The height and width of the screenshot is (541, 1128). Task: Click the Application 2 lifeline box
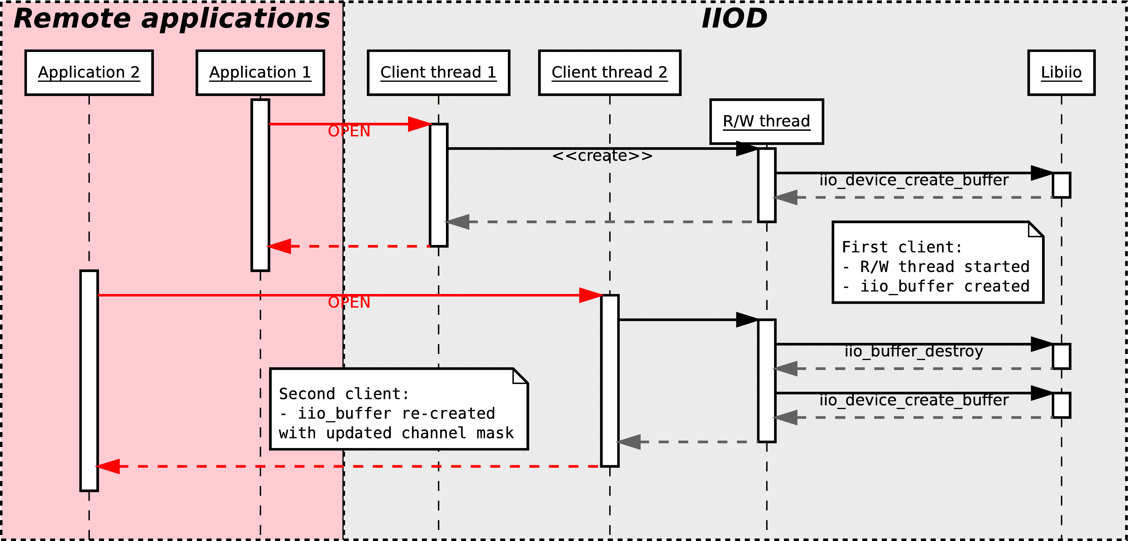pos(89,73)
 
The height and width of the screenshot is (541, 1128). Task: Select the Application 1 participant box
pos(260,73)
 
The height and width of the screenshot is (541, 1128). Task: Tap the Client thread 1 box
pos(438,73)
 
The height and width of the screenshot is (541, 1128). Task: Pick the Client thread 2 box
pos(610,73)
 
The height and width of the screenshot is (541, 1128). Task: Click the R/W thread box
pos(766,121)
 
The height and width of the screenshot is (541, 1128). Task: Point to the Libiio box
pos(1061,73)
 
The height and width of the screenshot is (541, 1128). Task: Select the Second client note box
pos(399,409)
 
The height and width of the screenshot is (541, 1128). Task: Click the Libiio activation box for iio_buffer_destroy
pos(1061,356)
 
